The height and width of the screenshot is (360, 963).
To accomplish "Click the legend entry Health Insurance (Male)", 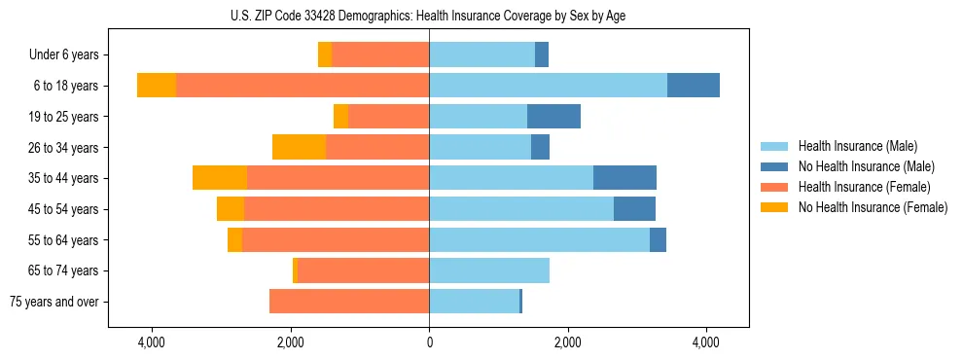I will coord(856,146).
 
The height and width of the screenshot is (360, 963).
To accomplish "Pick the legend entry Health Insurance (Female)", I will coord(864,187).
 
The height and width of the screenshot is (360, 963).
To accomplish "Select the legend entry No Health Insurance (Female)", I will coord(873,207).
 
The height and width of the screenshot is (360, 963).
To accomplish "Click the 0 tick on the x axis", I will coord(429,342).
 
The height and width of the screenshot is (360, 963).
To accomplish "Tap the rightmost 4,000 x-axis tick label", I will coord(705,342).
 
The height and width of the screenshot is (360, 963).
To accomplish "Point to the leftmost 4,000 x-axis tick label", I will coord(153,342).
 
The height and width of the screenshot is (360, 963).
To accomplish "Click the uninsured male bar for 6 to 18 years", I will coord(694,86).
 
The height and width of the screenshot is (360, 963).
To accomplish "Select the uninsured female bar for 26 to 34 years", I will coord(299,147).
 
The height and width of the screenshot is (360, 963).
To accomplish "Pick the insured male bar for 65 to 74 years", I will coord(489,270).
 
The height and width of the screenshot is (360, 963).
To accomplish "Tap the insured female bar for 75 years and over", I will coord(349,302).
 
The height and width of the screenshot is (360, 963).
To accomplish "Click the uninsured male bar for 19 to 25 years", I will coord(553,117).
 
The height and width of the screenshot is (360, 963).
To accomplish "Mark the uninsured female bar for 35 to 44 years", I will coord(220,178).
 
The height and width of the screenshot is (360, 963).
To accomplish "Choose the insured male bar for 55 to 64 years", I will coord(539,239).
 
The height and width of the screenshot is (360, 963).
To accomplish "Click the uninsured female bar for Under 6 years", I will coord(325,54).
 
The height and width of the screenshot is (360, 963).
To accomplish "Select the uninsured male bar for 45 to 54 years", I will coord(634,209).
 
